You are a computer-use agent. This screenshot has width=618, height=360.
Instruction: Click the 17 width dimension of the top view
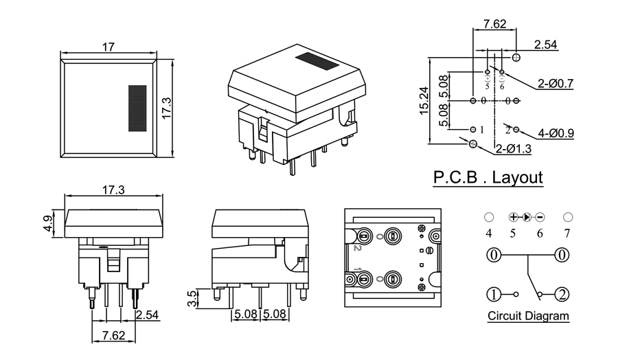tap(108, 47)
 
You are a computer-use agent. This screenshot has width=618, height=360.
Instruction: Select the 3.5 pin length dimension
tap(192, 298)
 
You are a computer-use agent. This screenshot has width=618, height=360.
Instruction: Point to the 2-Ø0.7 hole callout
tap(556, 84)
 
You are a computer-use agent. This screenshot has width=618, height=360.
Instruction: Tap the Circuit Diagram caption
tap(528, 317)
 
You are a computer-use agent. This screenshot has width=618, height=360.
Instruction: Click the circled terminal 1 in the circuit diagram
tap(494, 295)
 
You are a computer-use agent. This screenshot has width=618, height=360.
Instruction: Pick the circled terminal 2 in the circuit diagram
tap(562, 295)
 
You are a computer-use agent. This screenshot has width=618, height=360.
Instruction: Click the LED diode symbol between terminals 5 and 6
tap(527, 217)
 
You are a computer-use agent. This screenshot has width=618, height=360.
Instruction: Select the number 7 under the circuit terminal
tap(567, 233)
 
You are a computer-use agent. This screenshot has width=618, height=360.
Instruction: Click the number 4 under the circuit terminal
tap(489, 233)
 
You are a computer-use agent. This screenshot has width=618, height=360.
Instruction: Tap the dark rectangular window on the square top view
tap(137, 108)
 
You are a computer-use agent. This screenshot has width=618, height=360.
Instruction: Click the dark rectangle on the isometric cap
tap(317, 61)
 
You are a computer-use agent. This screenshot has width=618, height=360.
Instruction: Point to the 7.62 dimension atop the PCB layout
tap(494, 24)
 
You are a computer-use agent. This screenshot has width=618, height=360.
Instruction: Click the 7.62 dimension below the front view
tap(113, 336)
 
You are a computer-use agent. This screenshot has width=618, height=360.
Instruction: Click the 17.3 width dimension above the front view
tap(113, 190)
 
